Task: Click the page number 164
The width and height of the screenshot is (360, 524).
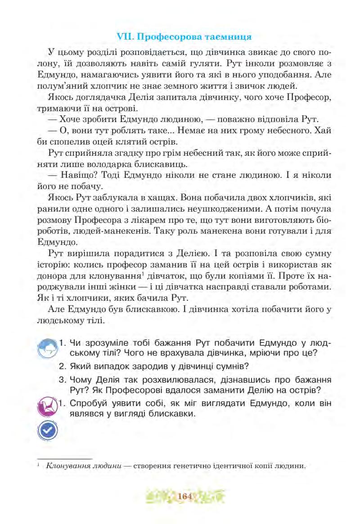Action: pyautogui.click(x=185, y=497)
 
